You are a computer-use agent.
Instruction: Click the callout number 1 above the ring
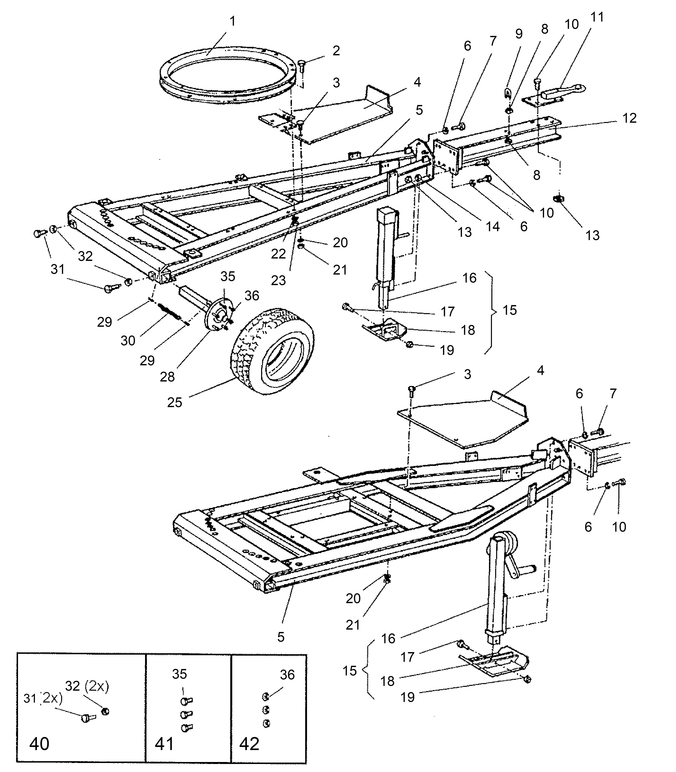click(233, 21)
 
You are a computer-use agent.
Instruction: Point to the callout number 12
click(629, 118)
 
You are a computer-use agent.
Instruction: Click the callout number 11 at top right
click(597, 17)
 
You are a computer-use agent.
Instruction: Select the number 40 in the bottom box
click(39, 744)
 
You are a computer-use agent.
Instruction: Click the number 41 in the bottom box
click(164, 744)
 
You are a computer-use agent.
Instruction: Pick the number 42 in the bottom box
click(249, 744)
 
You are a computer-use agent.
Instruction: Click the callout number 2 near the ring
click(336, 51)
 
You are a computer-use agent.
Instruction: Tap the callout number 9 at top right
click(519, 34)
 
